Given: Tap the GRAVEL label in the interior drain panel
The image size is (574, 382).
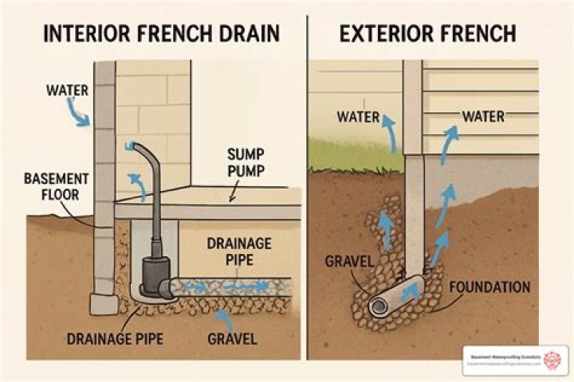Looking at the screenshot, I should pyautogui.click(x=232, y=339).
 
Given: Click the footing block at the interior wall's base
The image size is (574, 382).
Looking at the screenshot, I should pyautogui.click(x=102, y=304).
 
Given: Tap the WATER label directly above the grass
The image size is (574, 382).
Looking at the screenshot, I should pyautogui.click(x=358, y=117).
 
